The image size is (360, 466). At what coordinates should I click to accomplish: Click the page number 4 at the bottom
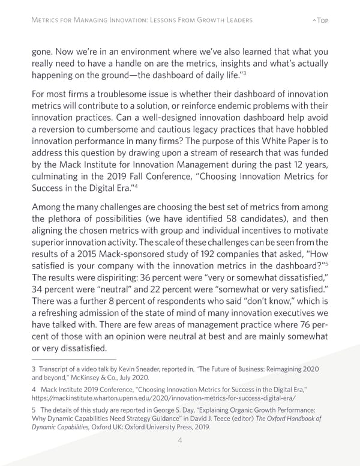coord(180,439)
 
